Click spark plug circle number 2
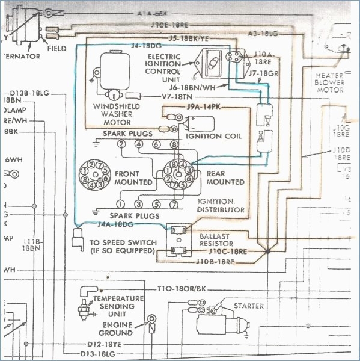pyautogui.click(x=121, y=144)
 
